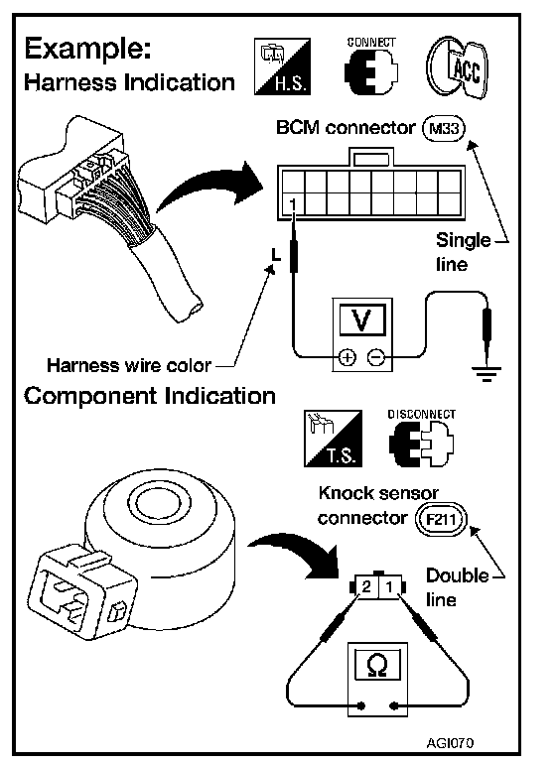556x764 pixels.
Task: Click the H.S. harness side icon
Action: pos(282,66)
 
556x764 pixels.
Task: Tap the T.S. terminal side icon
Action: pos(334,439)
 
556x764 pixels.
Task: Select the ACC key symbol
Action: pos(457,67)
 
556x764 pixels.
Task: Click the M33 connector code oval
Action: pos(444,129)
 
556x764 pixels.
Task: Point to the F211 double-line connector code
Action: pos(441,519)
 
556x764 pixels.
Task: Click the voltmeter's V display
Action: pos(361,319)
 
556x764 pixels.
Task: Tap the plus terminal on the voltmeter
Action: pos(347,357)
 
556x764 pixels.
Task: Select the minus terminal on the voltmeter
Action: pos(375,357)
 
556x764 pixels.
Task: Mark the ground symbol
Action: pos(486,374)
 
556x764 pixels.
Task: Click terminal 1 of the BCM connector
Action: pos(292,203)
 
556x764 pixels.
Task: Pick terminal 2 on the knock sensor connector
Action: pos(366,586)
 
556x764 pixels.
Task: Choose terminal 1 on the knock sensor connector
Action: pos(389,586)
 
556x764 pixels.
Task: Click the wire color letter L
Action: pos(276,254)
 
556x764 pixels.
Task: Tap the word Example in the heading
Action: pos(87,49)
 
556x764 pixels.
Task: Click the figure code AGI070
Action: pos(450,742)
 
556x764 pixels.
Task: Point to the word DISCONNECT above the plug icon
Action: pos(421,414)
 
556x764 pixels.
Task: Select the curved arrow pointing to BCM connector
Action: pos(209,189)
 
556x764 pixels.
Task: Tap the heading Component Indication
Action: pos(150,396)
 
